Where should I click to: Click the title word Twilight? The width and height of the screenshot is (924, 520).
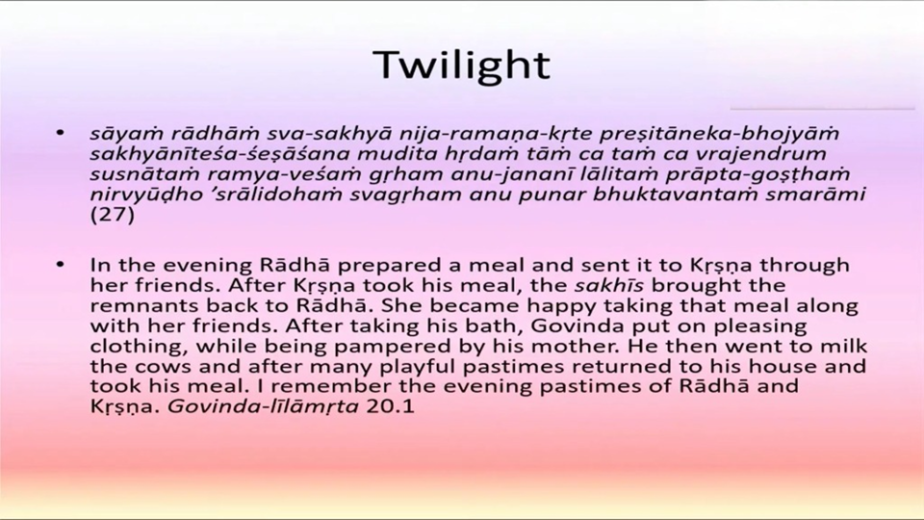pos(462,65)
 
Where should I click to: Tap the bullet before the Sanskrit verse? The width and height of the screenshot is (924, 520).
pos(60,133)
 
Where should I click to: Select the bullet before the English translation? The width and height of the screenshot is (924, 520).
pos(60,265)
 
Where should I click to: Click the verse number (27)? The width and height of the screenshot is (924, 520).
pos(112,214)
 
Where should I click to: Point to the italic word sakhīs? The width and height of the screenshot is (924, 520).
pos(608,285)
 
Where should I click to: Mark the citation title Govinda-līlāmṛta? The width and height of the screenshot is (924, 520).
pos(263,406)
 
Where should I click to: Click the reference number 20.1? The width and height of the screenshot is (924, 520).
pos(390,406)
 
